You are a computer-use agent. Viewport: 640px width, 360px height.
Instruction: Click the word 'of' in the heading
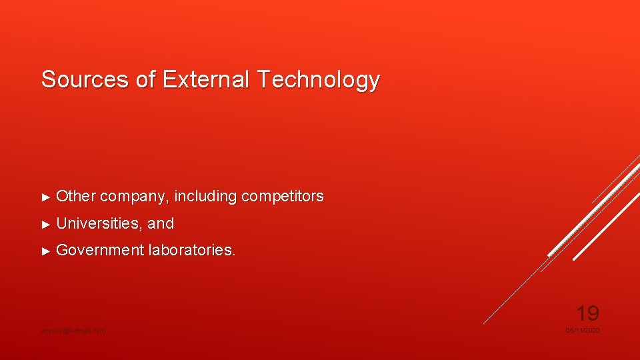(x=145, y=79)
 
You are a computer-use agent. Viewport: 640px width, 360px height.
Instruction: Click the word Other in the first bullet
(x=76, y=197)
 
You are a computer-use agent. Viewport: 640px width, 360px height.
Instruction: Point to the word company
(x=135, y=197)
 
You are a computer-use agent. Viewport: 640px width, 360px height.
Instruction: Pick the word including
(x=205, y=197)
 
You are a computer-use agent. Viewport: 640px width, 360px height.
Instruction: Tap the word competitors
(x=283, y=197)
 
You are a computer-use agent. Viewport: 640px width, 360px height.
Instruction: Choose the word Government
(x=100, y=251)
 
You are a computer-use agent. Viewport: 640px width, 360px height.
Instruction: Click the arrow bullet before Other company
(x=46, y=197)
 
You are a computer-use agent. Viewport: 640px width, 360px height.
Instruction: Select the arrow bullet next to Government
(x=46, y=251)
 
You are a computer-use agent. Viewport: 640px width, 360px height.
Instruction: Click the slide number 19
(x=587, y=313)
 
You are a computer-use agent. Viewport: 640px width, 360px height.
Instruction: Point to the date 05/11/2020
(x=583, y=331)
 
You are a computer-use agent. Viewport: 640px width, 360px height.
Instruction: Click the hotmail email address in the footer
(x=72, y=331)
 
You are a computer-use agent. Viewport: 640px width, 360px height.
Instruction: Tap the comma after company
(x=171, y=201)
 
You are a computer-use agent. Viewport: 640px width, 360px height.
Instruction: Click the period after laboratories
(x=234, y=255)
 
